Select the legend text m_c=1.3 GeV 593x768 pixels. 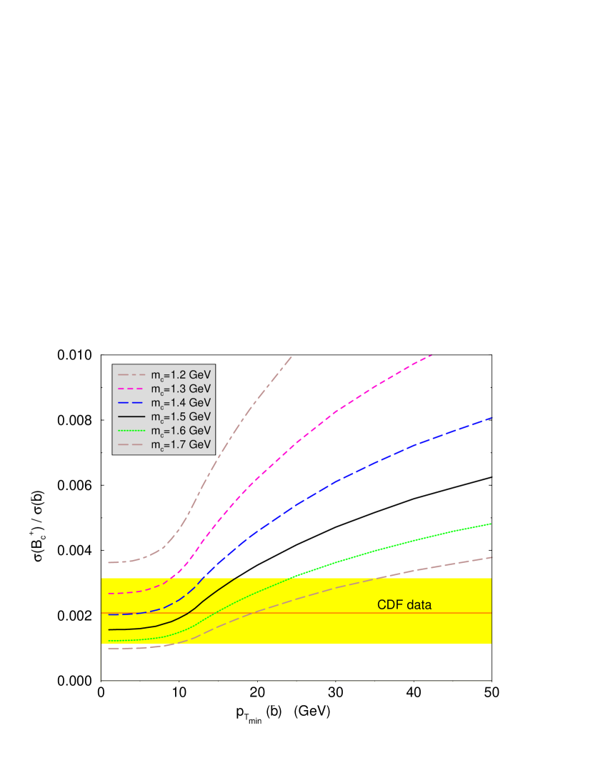click(x=181, y=389)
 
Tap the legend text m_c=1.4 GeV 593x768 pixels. click(x=181, y=403)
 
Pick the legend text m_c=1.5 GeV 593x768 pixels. click(x=181, y=417)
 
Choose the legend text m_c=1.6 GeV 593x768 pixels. click(x=181, y=431)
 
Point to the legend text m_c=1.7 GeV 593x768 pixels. click(x=181, y=444)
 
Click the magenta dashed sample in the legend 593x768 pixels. click(x=131, y=389)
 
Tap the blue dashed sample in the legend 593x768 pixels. click(x=131, y=403)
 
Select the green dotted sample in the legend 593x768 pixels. click(x=131, y=430)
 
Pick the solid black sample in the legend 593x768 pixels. click(x=131, y=417)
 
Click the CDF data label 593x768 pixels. click(x=404, y=605)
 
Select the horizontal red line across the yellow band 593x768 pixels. click(x=322, y=613)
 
